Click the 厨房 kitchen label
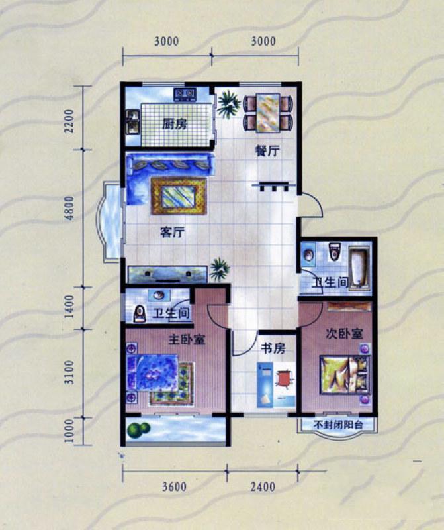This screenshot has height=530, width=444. tap(174, 124)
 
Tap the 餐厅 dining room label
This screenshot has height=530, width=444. tap(267, 151)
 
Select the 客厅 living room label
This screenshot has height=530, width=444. tap(172, 233)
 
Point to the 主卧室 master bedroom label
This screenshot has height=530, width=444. tap(187, 339)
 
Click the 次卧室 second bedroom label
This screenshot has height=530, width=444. tap(344, 333)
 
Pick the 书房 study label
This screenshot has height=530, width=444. tap(273, 348)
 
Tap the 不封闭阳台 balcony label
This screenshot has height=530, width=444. tap(338, 425)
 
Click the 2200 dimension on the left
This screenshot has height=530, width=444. tap(69, 121)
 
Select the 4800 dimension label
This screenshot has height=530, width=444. tap(69, 208)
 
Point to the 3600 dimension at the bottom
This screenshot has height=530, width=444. tap(174, 486)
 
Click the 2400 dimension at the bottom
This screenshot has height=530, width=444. tap(263, 486)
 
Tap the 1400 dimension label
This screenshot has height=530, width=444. tap(69, 307)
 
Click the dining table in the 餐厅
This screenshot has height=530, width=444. tap(268, 113)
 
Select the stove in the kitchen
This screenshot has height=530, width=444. tap(185, 94)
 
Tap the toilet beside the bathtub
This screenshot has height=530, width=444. tap(334, 251)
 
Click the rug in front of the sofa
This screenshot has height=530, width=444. tap(179, 195)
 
